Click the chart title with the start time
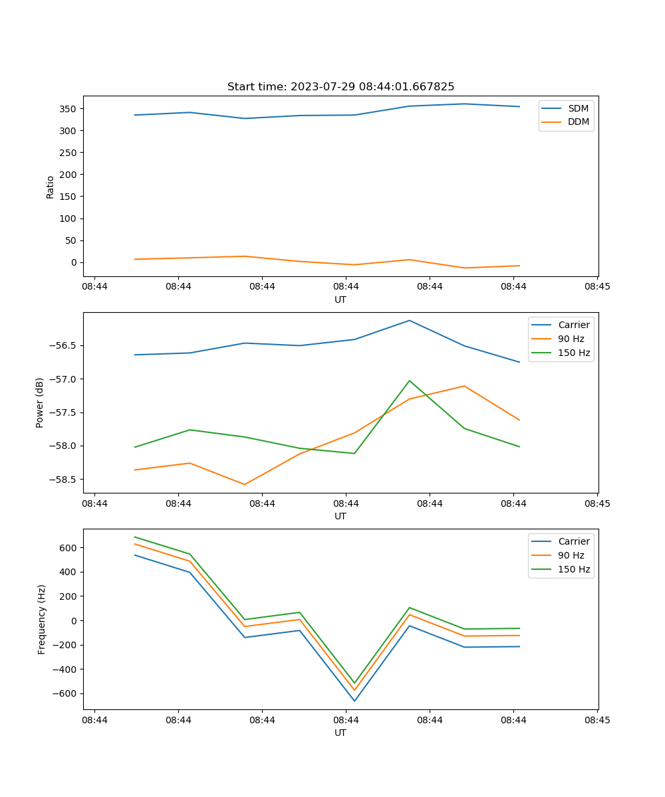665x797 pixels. pyautogui.click(x=340, y=87)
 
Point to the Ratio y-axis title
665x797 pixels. pyautogui.click(x=51, y=187)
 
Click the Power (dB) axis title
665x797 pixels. pyautogui.click(x=40, y=402)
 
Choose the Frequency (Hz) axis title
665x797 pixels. pyautogui.click(x=42, y=619)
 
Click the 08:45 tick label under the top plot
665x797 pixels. pyautogui.click(x=597, y=287)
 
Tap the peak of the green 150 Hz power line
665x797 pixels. pyautogui.click(x=410, y=381)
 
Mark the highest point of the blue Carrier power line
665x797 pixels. pyautogui.click(x=410, y=320)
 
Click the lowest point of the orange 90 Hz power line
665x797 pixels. pyautogui.click(x=245, y=484)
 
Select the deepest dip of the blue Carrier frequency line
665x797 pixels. pyautogui.click(x=354, y=701)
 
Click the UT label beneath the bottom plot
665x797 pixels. pyautogui.click(x=340, y=733)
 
